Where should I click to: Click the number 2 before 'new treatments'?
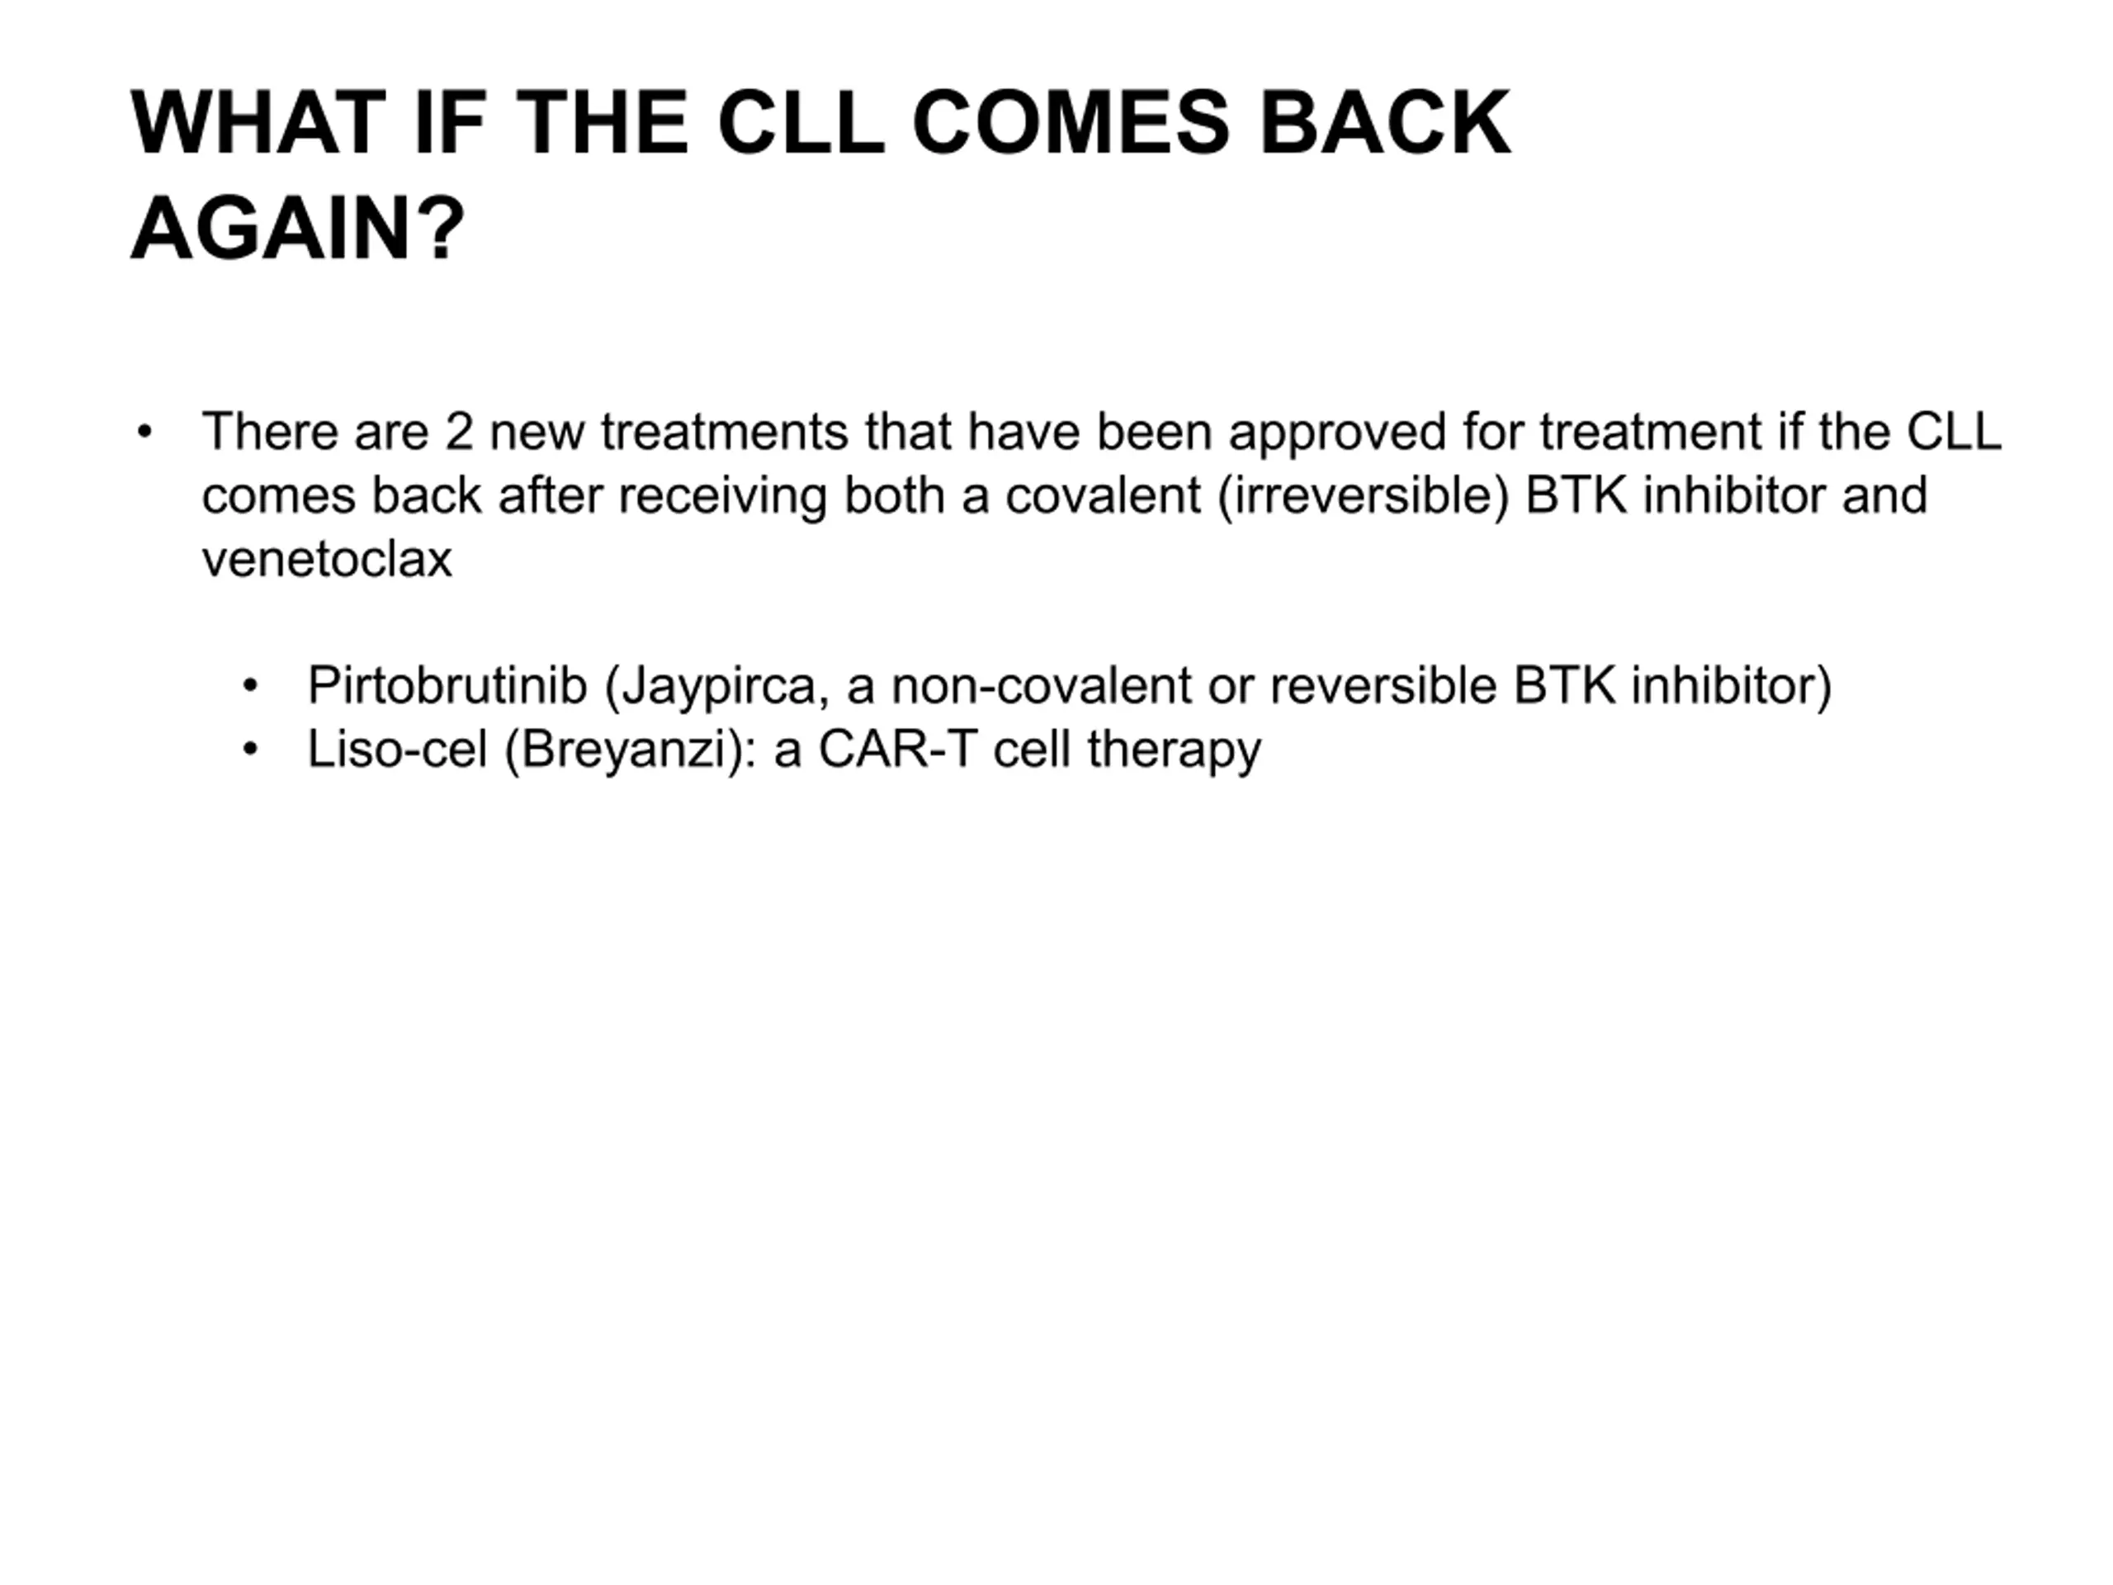(459, 432)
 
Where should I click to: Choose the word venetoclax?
(327, 560)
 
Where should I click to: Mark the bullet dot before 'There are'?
(144, 432)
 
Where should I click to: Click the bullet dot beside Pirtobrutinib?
(250, 686)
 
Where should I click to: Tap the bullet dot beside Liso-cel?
(250, 749)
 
